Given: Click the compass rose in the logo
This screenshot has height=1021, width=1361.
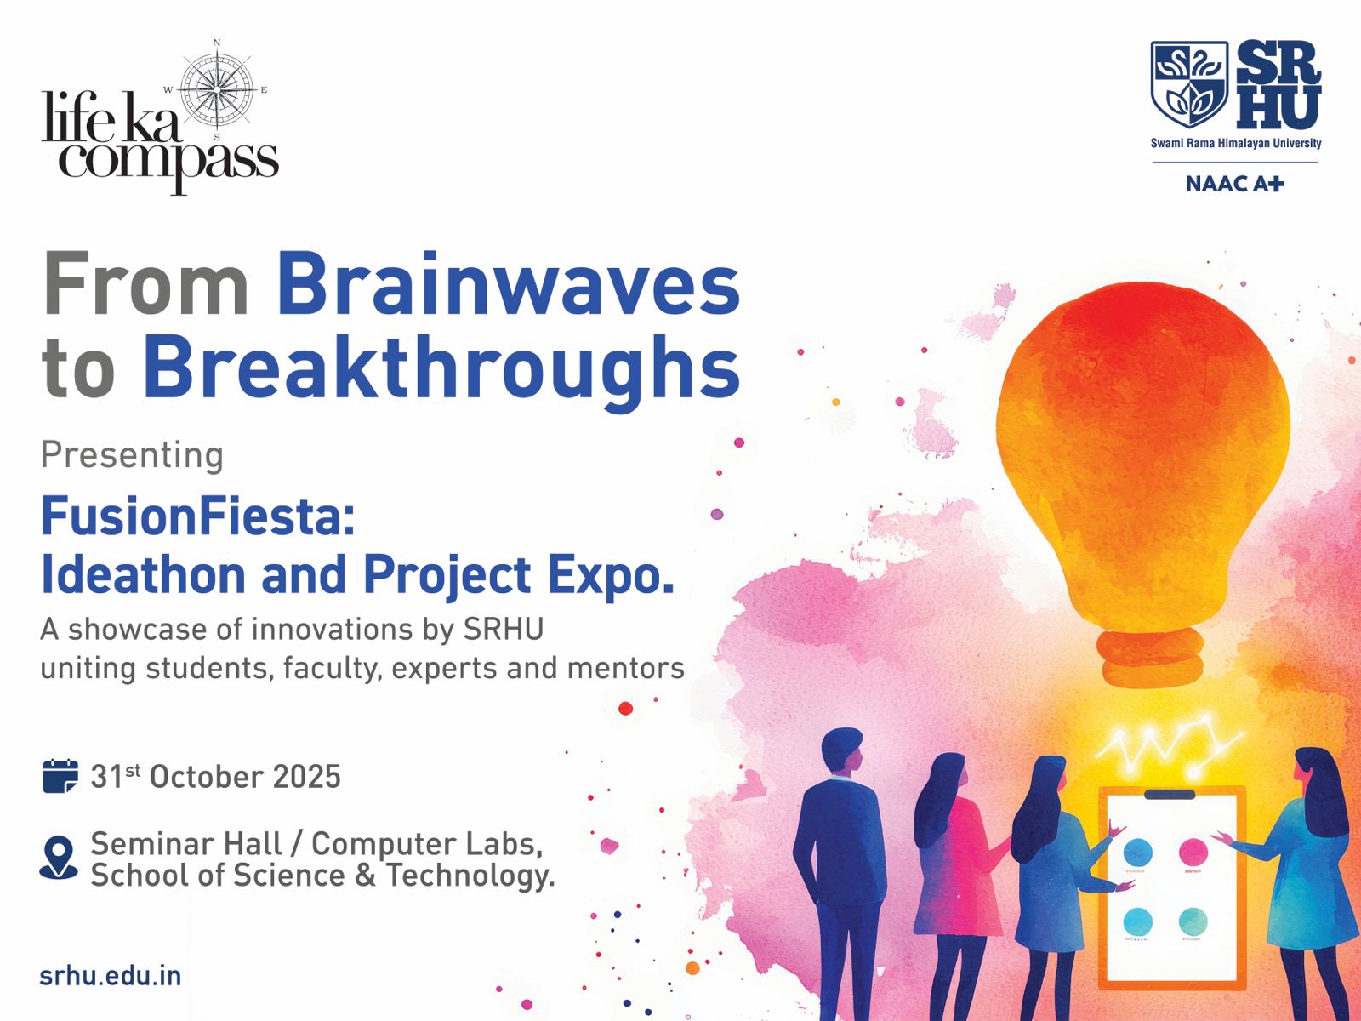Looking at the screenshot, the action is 216,90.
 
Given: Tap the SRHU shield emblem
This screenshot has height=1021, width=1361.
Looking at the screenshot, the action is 1188,84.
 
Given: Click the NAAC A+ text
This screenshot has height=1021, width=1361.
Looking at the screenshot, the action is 1234,184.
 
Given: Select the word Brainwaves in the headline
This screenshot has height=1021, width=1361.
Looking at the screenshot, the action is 509,284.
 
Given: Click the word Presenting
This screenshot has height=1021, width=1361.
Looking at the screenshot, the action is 132,456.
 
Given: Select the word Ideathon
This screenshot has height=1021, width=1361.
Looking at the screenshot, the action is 144,574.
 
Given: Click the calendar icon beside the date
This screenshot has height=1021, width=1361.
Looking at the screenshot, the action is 60,776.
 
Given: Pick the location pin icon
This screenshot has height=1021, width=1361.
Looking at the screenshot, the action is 59,858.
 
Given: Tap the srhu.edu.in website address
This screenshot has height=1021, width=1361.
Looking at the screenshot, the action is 111,976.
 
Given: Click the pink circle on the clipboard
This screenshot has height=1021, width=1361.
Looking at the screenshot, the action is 1193,852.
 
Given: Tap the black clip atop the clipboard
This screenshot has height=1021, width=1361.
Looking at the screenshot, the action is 1169,794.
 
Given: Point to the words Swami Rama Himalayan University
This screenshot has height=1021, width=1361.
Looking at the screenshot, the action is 1236,143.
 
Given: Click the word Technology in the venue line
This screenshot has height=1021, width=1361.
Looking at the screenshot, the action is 470,876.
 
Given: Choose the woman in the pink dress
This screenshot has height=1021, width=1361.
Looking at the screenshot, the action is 958,881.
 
